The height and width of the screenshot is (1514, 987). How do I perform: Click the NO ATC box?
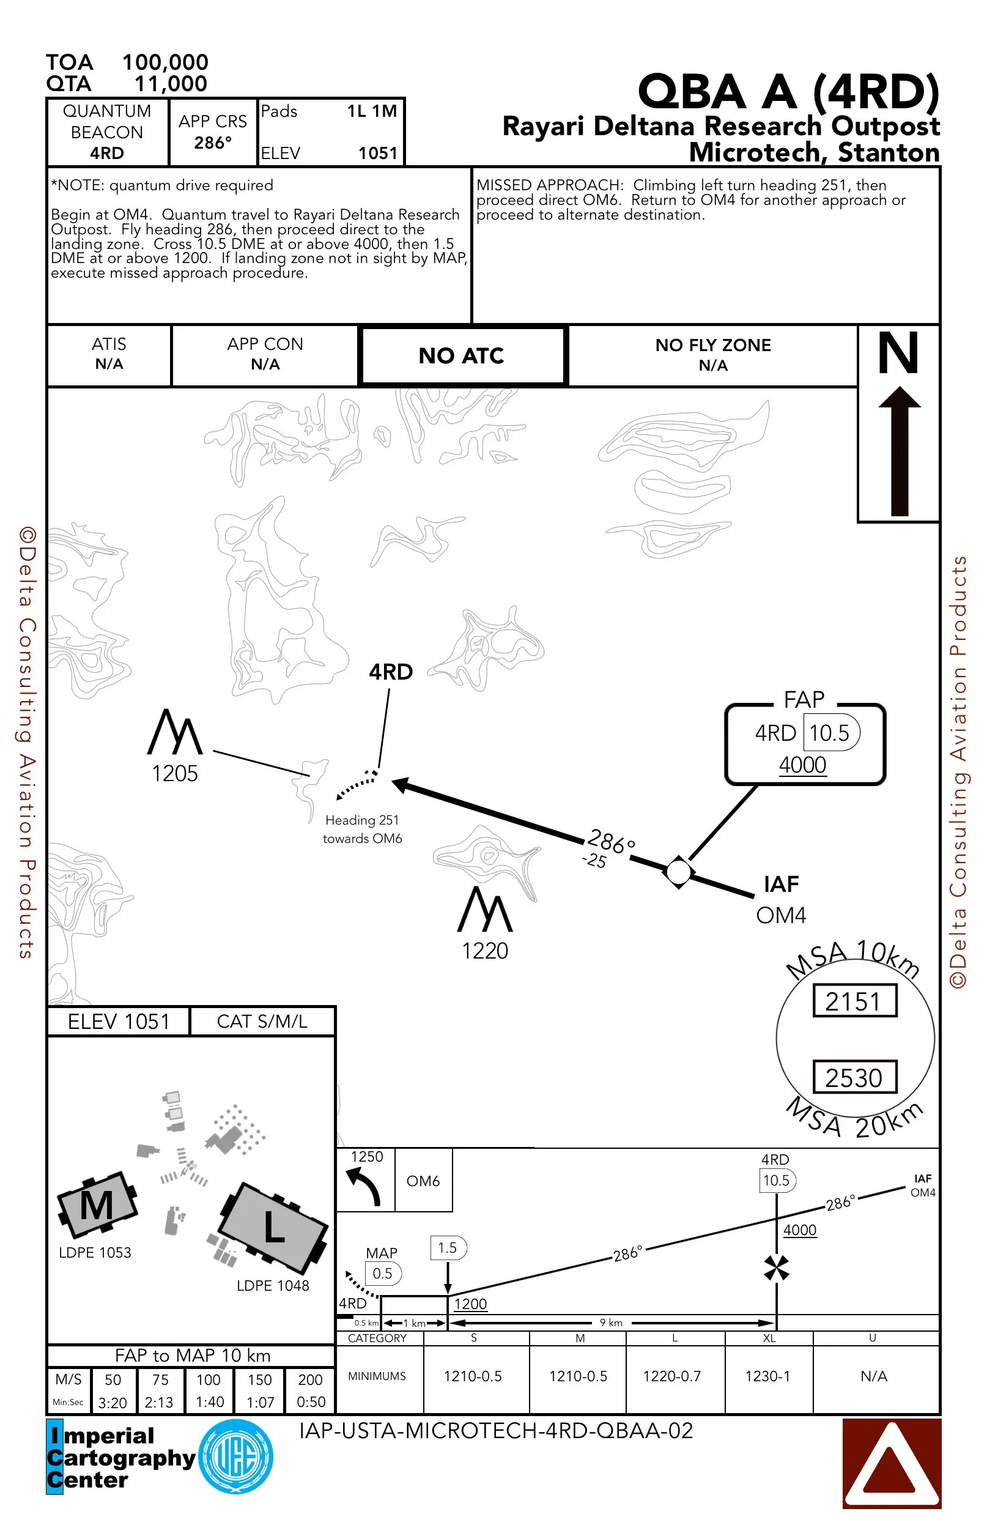tap(462, 355)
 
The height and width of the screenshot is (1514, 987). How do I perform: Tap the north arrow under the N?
tap(899, 451)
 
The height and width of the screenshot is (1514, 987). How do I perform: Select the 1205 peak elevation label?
tap(175, 774)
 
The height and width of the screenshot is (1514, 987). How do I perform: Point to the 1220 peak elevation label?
tap(484, 951)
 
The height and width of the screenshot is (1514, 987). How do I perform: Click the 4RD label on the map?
tap(391, 672)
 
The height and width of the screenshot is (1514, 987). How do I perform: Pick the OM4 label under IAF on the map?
tap(781, 915)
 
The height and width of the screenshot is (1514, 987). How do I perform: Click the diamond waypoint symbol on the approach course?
tap(679, 872)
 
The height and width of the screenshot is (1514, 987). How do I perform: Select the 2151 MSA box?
tap(855, 1001)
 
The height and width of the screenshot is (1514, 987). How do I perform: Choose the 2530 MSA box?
tap(855, 1078)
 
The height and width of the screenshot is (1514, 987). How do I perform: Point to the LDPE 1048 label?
tap(273, 1286)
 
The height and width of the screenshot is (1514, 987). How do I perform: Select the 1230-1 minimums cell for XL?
tap(767, 1376)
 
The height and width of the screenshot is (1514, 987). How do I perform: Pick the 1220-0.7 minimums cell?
tap(671, 1376)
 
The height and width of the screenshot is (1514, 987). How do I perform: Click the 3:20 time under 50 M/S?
tap(113, 1403)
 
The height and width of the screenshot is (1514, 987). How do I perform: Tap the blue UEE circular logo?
tap(236, 1456)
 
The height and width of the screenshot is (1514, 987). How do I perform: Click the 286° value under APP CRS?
tap(213, 143)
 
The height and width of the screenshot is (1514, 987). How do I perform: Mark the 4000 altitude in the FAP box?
tap(802, 765)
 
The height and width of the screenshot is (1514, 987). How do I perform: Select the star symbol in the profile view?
tap(777, 1268)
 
